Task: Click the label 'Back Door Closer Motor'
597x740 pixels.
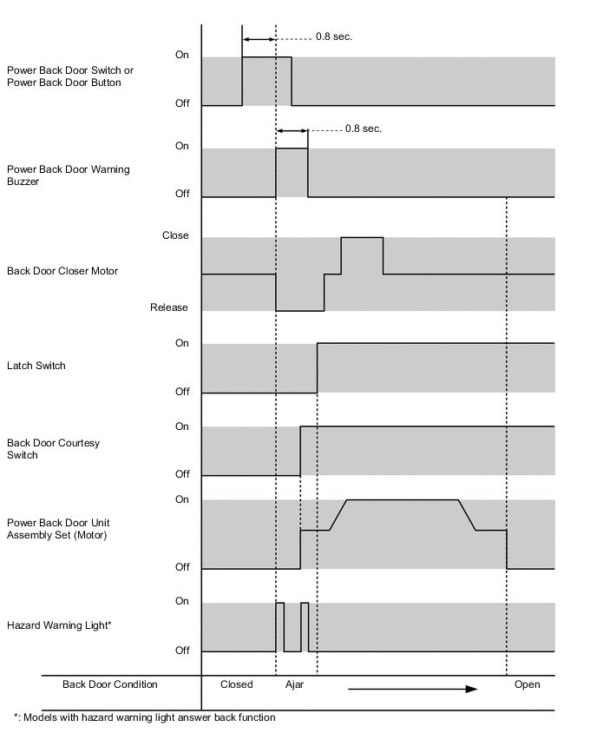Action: point(62,271)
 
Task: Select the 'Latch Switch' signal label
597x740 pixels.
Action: point(36,366)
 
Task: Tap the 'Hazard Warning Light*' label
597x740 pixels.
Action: point(59,624)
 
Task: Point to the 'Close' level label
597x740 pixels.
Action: point(175,235)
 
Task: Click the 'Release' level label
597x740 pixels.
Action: point(169,307)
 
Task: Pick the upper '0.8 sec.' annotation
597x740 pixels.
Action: point(334,37)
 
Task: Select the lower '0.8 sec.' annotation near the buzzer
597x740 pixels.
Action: point(364,129)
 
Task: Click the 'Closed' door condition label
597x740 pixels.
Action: point(237,684)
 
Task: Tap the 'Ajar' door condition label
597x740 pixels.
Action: point(295,684)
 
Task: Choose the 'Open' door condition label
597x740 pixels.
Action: point(527,684)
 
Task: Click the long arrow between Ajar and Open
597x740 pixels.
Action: point(413,689)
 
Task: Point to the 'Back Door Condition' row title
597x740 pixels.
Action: point(110,684)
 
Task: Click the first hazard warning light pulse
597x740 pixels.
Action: point(279,625)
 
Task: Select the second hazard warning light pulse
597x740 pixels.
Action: point(305,625)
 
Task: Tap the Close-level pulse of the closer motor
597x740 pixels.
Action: point(362,254)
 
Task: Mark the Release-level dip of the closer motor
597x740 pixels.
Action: point(299,293)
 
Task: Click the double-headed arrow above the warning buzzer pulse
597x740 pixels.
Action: point(292,130)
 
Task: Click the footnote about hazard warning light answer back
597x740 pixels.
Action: point(145,717)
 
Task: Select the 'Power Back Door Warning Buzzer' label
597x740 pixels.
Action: point(69,175)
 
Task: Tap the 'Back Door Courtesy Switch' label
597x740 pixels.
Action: point(53,449)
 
